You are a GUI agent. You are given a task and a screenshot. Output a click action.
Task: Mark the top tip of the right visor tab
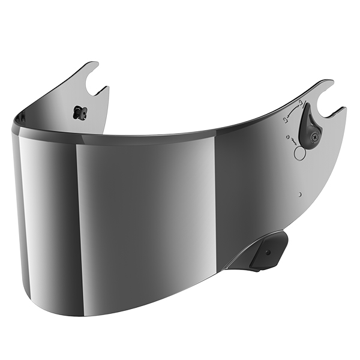coord(329,82)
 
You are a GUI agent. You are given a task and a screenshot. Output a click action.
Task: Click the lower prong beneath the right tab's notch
coord(341,110)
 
